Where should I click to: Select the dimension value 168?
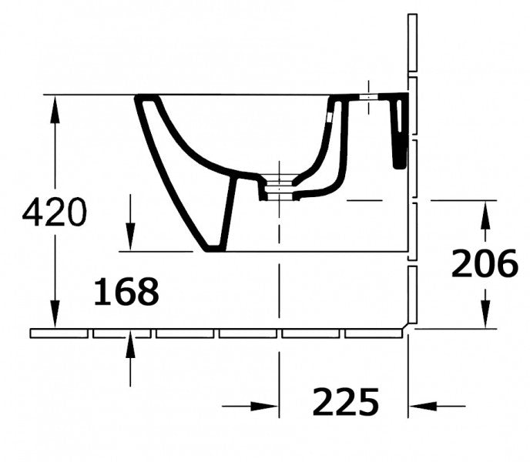click(x=126, y=292)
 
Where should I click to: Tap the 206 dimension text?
click(x=484, y=264)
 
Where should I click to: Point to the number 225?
click(x=346, y=401)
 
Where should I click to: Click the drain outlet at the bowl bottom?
click(x=278, y=188)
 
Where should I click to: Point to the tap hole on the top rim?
click(x=368, y=97)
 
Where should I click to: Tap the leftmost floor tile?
click(x=59, y=333)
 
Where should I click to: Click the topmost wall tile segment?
click(x=412, y=42)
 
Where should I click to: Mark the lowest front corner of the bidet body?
click(x=213, y=248)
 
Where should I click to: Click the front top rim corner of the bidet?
click(x=143, y=99)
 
